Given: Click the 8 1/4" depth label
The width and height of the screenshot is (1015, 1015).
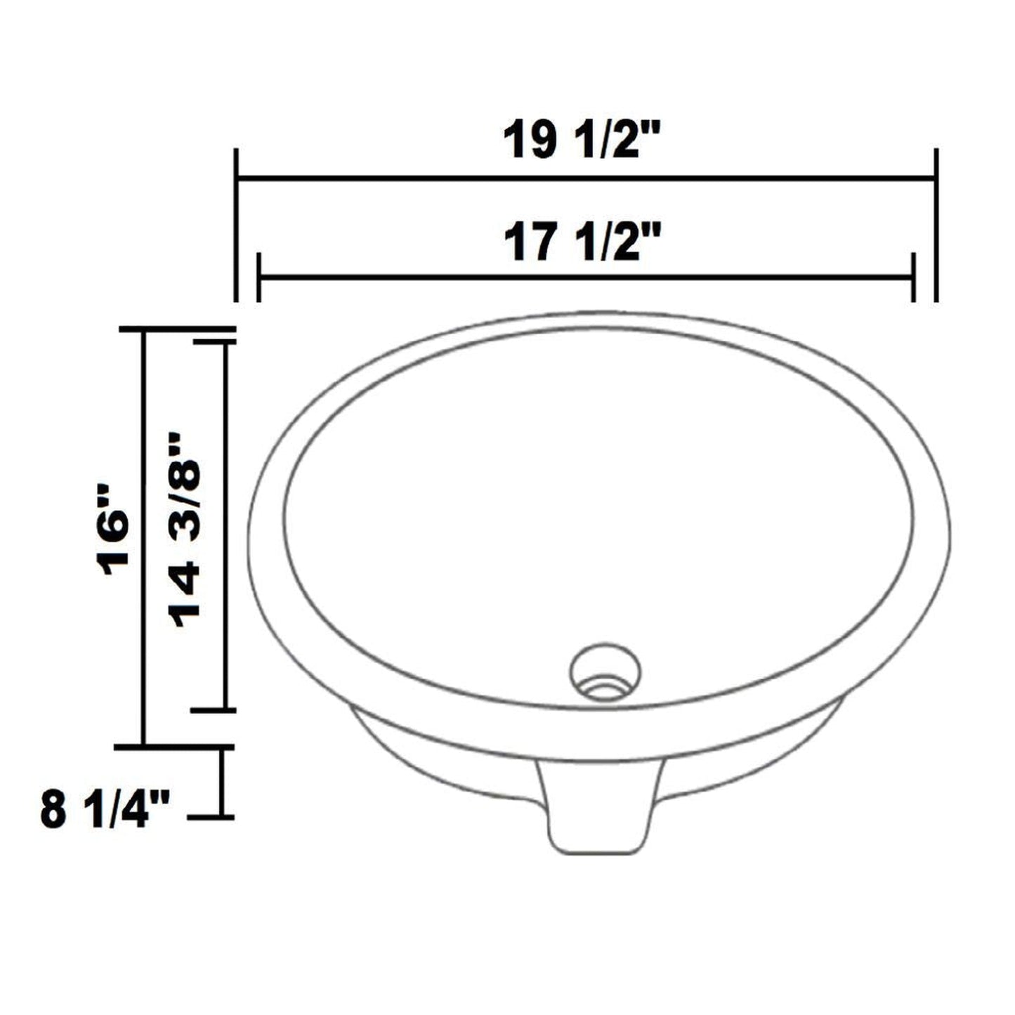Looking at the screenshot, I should (105, 810).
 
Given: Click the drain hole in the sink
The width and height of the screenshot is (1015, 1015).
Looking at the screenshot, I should (605, 671).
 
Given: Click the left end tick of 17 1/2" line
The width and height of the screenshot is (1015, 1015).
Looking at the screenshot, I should (259, 277).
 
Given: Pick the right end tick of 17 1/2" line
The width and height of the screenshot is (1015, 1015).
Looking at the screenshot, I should (913, 277).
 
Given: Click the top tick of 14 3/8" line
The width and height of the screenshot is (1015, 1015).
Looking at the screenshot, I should (214, 342).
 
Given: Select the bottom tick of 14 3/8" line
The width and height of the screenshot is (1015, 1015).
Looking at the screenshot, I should (213, 710).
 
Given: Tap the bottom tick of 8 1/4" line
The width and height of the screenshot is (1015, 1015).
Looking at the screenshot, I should (211, 817).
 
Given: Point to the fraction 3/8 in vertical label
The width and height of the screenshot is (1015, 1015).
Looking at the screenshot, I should (186, 478).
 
